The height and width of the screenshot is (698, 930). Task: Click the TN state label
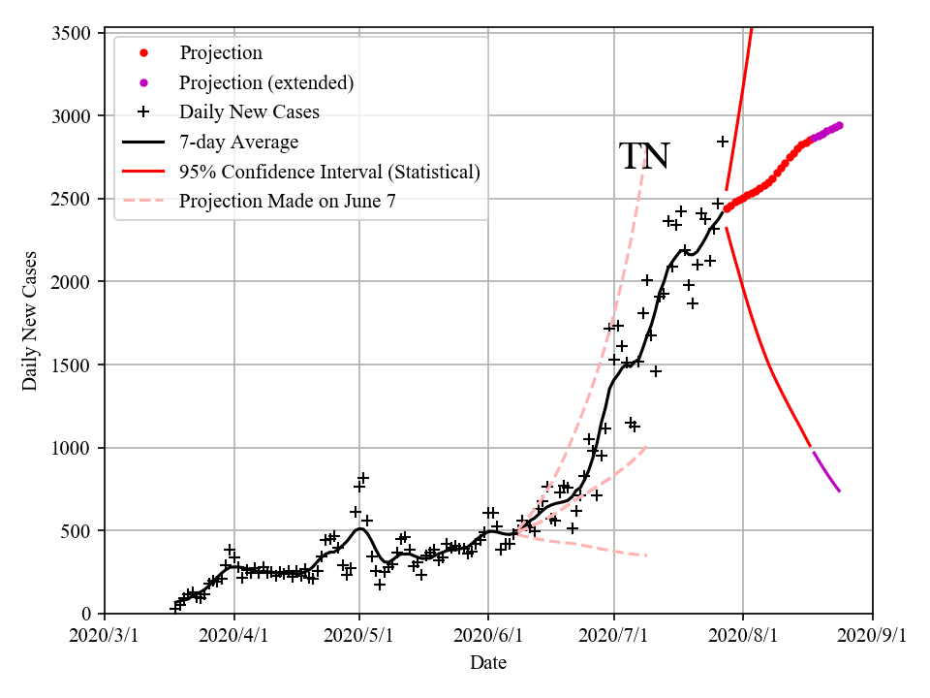pos(644,156)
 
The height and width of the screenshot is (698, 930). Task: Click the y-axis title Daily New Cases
pos(30,322)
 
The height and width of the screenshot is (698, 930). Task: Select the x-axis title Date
pos(488,663)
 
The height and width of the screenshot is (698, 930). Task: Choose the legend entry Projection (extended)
pos(266,82)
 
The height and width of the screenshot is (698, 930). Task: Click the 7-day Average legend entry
pos(238,142)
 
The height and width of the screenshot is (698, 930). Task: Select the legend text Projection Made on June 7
pos(288,202)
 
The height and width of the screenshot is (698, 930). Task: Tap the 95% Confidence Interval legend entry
pos(329,172)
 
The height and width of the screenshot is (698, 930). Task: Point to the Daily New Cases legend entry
pos(249,111)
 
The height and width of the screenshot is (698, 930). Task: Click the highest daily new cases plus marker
pos(723,142)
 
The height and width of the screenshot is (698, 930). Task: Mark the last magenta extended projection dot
pos(839,125)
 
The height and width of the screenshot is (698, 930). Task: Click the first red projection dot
pos(727,207)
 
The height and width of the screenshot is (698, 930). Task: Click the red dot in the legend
pos(144,52)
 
